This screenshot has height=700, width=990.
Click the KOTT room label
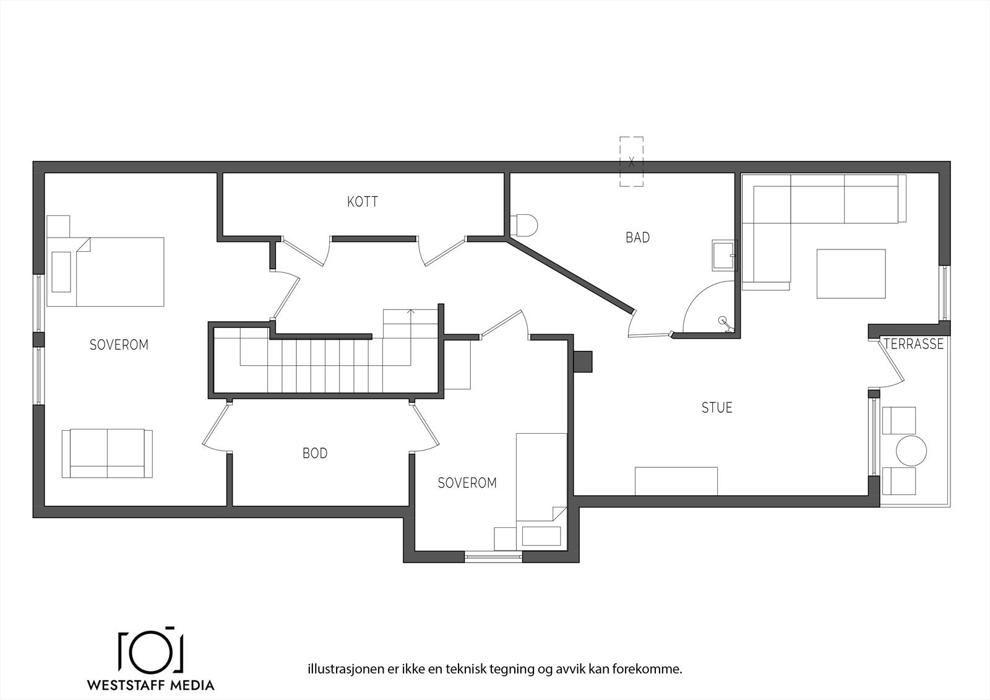click(x=363, y=202)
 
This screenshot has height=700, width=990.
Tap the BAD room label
click(x=637, y=238)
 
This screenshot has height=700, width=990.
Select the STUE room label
click(x=717, y=408)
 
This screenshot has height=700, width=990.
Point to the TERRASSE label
click(x=914, y=344)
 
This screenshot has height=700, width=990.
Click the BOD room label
click(x=315, y=454)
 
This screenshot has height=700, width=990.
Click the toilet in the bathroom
click(x=524, y=225)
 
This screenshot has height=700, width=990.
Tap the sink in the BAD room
click(x=725, y=255)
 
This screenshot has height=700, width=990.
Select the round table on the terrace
click(x=911, y=451)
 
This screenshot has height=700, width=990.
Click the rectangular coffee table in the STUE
click(x=851, y=274)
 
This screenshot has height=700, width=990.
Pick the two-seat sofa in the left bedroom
click(x=107, y=453)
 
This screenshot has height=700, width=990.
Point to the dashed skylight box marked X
click(x=631, y=162)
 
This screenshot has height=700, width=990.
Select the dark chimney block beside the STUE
click(x=583, y=362)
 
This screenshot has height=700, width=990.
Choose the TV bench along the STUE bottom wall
click(x=676, y=481)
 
